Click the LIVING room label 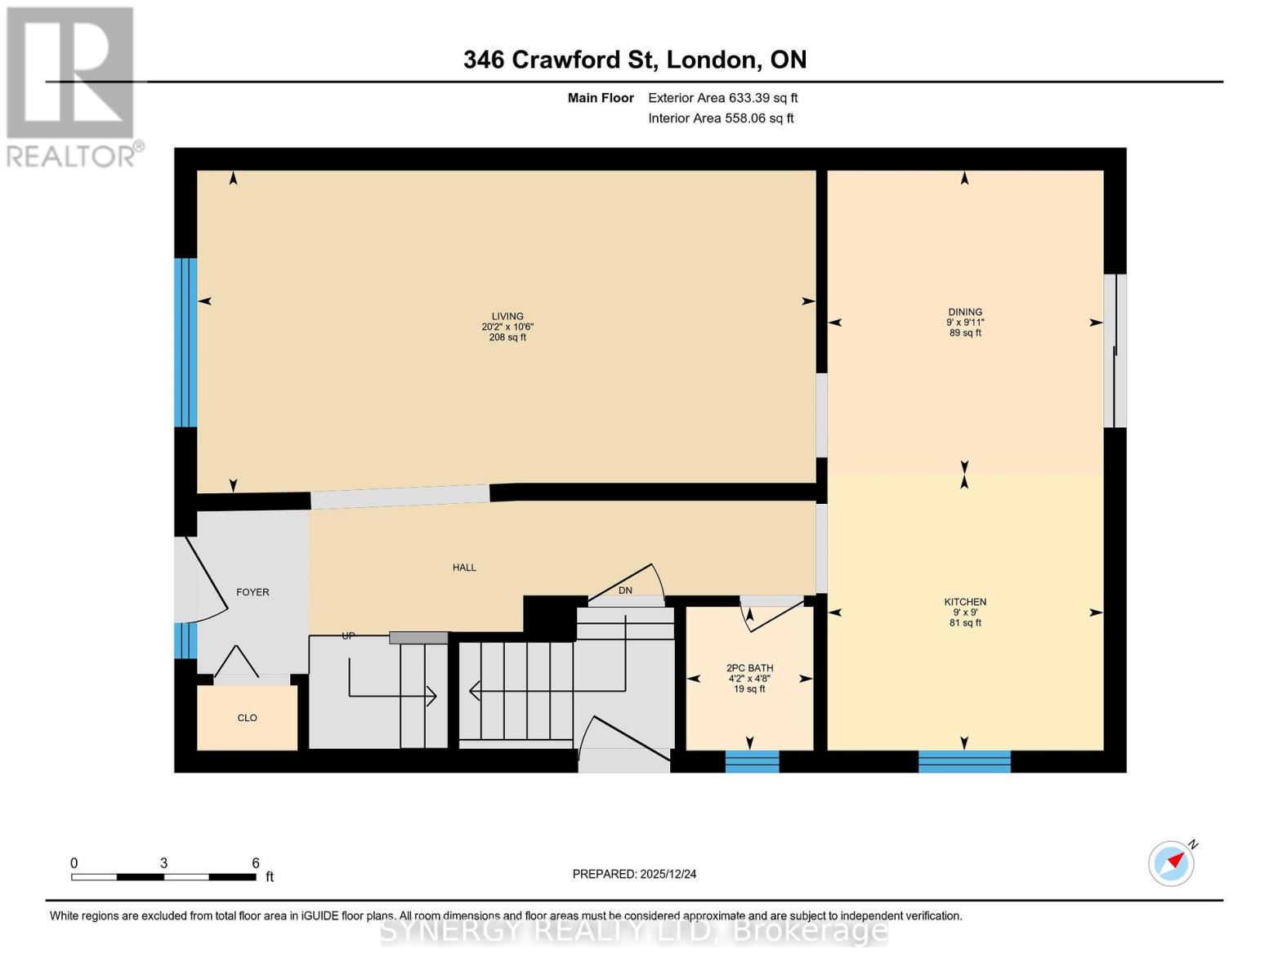click(x=507, y=316)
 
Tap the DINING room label click(x=964, y=312)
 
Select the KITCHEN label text click(x=964, y=602)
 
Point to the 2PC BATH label click(x=749, y=668)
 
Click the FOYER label click(x=252, y=592)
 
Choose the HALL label click(x=464, y=568)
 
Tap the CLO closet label click(x=247, y=718)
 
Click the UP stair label click(x=348, y=635)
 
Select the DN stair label click(x=625, y=590)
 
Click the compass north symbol click(x=1171, y=863)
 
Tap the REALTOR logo click(x=72, y=87)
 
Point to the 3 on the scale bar click(x=164, y=863)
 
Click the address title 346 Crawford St click(x=634, y=60)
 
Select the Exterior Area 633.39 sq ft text click(x=722, y=98)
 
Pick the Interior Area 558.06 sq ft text click(x=721, y=118)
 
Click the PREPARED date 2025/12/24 click(x=634, y=874)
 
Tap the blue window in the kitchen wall click(x=964, y=761)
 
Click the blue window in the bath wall click(x=752, y=761)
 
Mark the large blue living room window click(x=185, y=342)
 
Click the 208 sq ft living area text click(x=507, y=337)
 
